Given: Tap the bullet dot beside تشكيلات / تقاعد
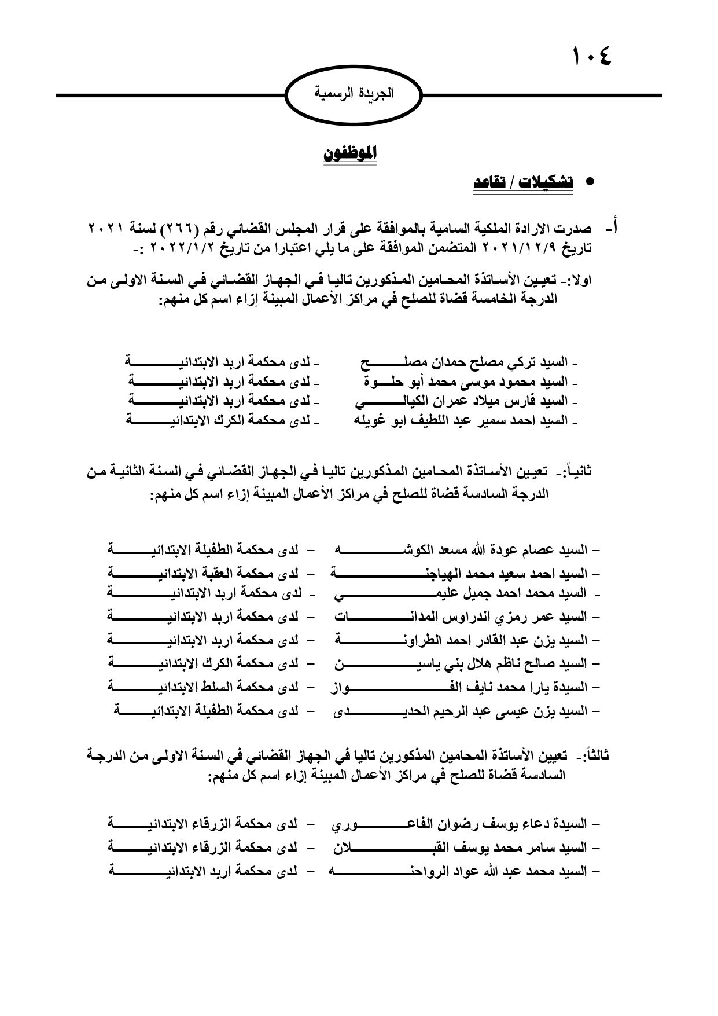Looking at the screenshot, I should [x=590, y=182].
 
